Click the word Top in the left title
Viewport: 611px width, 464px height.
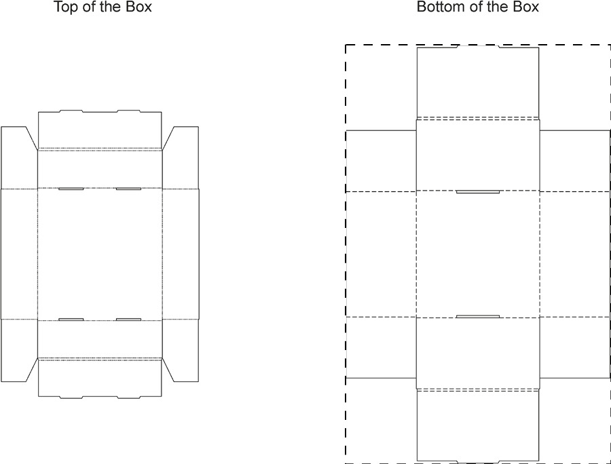[x=65, y=8]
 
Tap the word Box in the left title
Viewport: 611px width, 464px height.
[x=138, y=8]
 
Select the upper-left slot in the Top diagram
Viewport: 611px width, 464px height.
[x=71, y=189]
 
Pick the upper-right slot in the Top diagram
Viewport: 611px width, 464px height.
[x=128, y=189]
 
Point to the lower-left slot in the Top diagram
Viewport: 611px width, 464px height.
[x=71, y=319]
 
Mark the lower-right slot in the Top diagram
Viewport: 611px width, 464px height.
[x=128, y=319]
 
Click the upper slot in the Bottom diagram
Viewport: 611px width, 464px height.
[x=477, y=192]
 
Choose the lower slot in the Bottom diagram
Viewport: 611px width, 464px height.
[x=477, y=316]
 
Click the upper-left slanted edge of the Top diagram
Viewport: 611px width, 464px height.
[x=31, y=138]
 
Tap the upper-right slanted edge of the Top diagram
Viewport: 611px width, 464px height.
[x=168, y=138]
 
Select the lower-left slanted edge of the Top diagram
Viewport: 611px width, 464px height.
[x=31, y=370]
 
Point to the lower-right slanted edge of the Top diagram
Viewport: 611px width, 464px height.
[x=168, y=370]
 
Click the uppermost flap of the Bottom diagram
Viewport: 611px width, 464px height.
[x=477, y=81]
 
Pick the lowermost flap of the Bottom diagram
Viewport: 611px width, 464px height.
[x=477, y=426]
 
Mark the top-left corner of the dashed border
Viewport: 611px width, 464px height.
[x=346, y=45]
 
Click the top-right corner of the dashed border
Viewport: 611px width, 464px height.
[x=610, y=45]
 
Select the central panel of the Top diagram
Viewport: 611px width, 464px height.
[x=100, y=254]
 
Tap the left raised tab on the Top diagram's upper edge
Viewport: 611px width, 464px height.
[x=71, y=111]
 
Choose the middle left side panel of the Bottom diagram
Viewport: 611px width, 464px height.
[x=381, y=254]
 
